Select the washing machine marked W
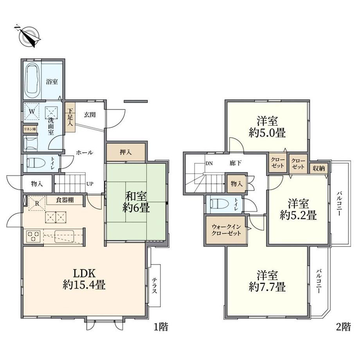click(x=32, y=112)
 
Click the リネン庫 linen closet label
click(x=30, y=130)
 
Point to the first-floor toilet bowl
click(x=35, y=163)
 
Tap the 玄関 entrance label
click(x=90, y=115)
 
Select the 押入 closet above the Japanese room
click(x=126, y=152)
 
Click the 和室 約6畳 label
click(x=136, y=202)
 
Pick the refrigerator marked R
click(x=37, y=203)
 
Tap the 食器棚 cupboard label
click(x=65, y=200)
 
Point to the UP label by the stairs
click(x=90, y=184)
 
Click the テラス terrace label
click(x=155, y=285)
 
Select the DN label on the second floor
click(x=209, y=164)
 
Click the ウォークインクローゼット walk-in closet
click(x=226, y=230)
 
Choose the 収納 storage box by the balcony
click(x=319, y=169)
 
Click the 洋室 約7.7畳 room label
click(x=267, y=281)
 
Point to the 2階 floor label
click(x=344, y=326)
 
